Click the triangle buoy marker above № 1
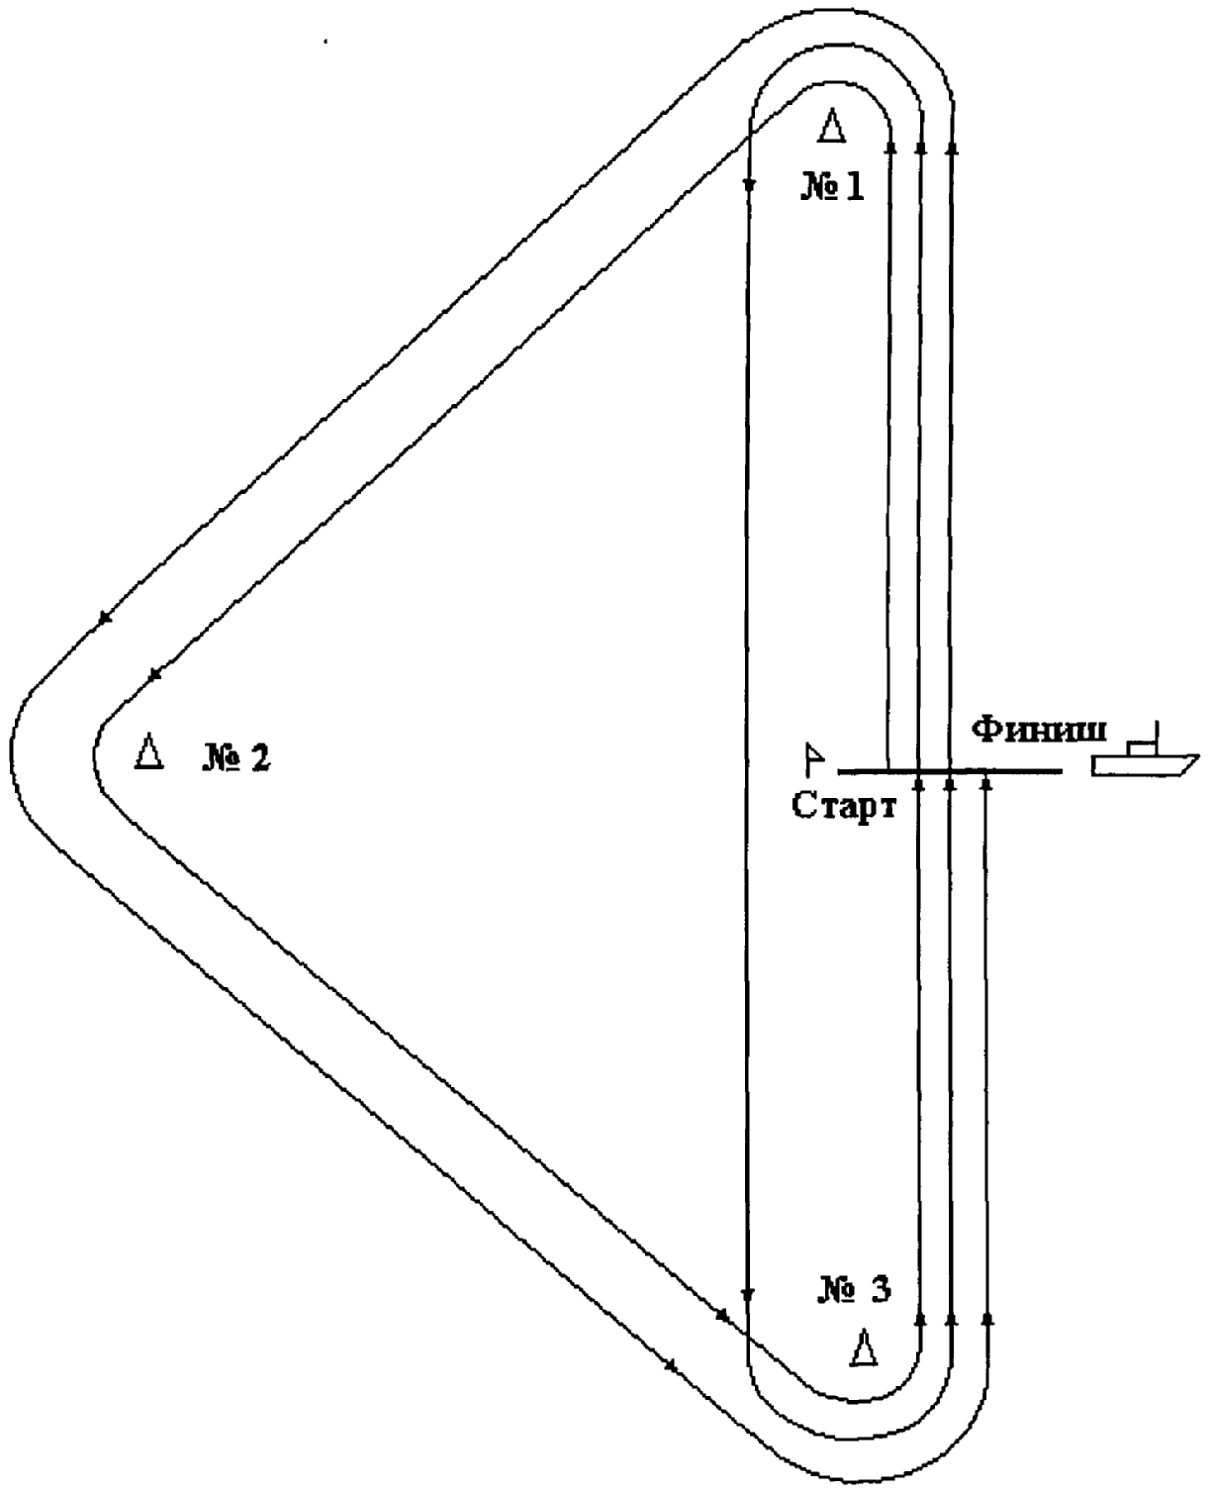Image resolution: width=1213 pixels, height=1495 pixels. tap(831, 126)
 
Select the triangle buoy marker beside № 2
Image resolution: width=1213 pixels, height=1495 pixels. tap(148, 751)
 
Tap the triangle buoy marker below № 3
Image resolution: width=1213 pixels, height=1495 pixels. tap(863, 1346)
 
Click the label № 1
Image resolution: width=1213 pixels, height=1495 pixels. tap(833, 187)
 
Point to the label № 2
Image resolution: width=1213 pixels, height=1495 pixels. tap(236, 757)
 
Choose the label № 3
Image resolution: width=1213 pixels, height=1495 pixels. tap(855, 1289)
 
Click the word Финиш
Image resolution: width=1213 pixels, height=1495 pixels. tap(1039, 731)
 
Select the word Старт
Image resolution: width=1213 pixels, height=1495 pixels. tap(844, 807)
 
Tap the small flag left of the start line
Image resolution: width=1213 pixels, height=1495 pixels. tap(814, 759)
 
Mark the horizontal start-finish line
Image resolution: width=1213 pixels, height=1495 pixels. tap(950, 772)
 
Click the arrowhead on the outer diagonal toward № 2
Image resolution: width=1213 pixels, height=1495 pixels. tap(105, 618)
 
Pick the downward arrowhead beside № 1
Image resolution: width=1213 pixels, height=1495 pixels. tap(750, 184)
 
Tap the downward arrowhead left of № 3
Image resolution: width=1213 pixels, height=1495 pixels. tap(748, 1294)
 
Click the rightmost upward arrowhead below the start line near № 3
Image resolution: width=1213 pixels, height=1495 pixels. tap(987, 1319)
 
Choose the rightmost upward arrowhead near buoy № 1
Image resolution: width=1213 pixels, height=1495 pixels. tap(952, 147)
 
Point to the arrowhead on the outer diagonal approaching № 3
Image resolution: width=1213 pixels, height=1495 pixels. tap(671, 1366)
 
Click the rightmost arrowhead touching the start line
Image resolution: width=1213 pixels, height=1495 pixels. tap(986, 780)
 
